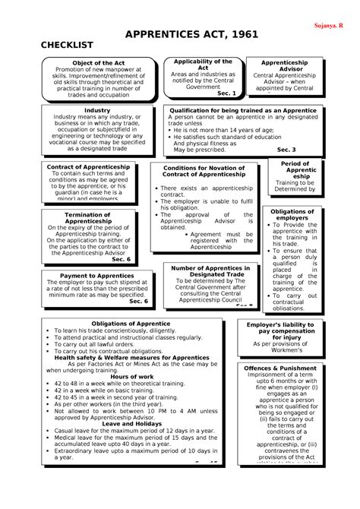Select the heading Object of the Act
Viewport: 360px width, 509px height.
tap(97, 63)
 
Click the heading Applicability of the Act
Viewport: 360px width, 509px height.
tap(203, 64)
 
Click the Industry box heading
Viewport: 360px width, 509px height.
tap(97, 110)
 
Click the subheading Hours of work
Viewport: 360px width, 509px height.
tap(131, 377)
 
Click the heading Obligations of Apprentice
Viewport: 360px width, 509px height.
tap(131, 324)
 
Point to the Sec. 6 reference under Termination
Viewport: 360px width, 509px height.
tap(121, 259)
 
